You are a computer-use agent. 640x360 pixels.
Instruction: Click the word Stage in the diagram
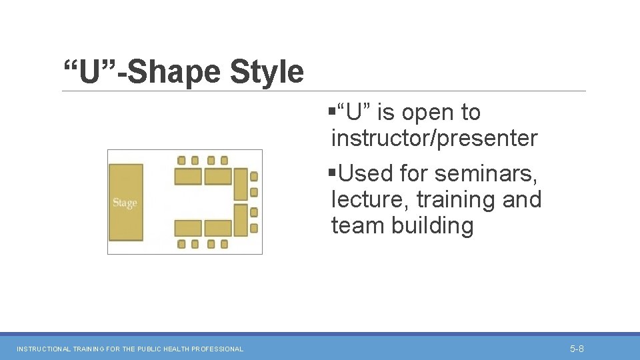coord(125,203)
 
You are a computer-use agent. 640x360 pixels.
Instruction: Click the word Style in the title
coord(267,72)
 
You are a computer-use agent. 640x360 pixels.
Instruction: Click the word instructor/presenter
coord(434,139)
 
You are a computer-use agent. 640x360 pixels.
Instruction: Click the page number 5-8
coord(577,349)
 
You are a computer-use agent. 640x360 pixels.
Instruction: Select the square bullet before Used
coord(331,173)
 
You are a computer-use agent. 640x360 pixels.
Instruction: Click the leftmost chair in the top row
coord(181,160)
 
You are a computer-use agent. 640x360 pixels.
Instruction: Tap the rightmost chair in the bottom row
coord(224,244)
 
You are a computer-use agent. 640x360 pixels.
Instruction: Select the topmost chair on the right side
coord(254,177)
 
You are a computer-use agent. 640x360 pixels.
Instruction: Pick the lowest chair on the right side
coord(254,228)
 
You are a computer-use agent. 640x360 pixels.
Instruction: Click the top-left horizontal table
coord(188,177)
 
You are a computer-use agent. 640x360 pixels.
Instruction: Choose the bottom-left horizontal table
coord(188,228)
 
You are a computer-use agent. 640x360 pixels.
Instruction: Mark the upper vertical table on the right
coord(240,184)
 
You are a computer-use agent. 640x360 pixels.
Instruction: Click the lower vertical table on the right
coord(240,219)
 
